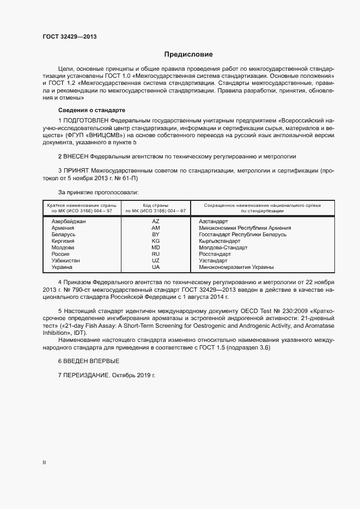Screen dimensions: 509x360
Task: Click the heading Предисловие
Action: coord(188,54)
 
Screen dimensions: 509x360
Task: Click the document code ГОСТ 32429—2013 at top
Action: coord(69,36)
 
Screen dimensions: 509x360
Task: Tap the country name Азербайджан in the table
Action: coord(69,222)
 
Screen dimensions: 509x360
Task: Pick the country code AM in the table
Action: coord(156,228)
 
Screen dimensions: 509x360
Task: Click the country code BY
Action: coord(156,235)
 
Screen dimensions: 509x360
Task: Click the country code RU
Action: coord(156,254)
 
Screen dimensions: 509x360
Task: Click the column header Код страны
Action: coord(156,205)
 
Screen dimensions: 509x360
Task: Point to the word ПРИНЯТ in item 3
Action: coord(76,171)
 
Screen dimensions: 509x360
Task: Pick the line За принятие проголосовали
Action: coord(98,192)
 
